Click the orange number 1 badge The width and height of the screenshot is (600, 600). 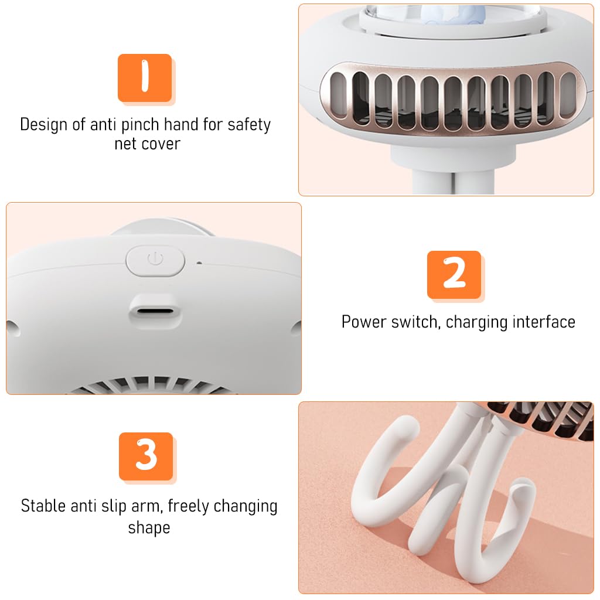point(145,78)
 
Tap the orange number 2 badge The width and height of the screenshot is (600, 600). point(454,275)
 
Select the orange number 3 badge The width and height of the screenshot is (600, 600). point(146,456)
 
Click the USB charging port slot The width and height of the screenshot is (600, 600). point(155,311)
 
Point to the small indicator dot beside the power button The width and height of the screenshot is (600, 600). point(199,263)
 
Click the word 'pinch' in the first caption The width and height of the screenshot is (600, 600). point(140,125)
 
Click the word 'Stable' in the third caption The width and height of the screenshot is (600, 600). point(43,506)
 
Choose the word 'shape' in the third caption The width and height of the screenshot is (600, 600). point(149,528)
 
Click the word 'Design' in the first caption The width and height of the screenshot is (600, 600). point(43,125)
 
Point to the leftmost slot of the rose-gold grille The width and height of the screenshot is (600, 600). point(338,96)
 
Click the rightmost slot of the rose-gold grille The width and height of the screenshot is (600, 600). point(568,96)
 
